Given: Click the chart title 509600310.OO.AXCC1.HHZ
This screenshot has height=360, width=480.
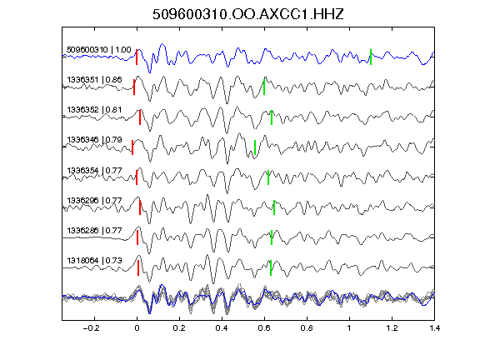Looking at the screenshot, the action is coord(248,14).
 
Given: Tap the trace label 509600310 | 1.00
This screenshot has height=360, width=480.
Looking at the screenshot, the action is coord(99,50).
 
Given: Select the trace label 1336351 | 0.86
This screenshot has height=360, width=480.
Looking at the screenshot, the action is coord(94,80).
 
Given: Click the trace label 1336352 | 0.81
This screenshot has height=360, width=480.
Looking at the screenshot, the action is coord(94,110).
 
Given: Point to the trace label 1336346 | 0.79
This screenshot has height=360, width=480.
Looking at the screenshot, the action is coord(94,140).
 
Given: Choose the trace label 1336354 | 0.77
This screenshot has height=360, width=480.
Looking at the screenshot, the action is coord(94,170).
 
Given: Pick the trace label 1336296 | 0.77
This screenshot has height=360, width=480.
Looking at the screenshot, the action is coord(94,200).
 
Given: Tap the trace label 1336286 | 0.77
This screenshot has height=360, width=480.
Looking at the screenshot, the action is coord(94,230).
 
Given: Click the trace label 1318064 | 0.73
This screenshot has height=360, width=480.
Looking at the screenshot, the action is coord(94,260).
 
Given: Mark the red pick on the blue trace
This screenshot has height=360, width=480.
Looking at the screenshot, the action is coord(137,57).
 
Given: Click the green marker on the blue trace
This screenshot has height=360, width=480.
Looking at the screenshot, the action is coord(371,57).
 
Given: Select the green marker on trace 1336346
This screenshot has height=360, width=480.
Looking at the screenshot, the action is coord(255,147).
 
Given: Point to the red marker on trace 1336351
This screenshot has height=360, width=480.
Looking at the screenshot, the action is coord(134,87).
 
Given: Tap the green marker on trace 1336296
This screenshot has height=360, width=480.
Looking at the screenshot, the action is coord(274,207).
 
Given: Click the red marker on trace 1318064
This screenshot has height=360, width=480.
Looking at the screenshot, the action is coord(138,267).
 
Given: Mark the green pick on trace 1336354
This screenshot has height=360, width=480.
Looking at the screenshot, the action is coord(268,177).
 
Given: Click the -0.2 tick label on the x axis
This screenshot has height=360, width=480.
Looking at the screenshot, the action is coord(91,328).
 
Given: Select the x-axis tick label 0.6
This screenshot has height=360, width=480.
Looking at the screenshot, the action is coord(264,328).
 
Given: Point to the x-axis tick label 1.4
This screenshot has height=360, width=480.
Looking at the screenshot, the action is coord(435,328).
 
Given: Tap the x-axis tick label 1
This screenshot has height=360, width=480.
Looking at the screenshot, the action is coord(349,328).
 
